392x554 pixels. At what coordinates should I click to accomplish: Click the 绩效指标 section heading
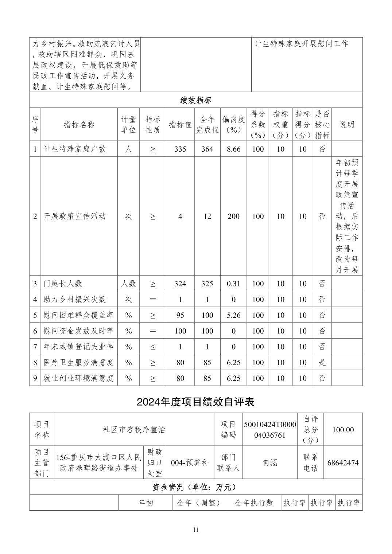196,100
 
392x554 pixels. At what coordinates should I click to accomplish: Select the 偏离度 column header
233,124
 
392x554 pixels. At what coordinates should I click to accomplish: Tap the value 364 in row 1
207,149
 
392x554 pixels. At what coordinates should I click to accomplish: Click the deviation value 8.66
233,149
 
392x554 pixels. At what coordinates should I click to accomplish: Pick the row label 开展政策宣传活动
75,216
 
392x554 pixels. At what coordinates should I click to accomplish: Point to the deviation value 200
233,216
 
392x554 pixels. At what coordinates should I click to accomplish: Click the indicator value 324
180,284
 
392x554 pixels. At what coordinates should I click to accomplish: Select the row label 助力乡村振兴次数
75,299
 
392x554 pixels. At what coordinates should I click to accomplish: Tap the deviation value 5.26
233,315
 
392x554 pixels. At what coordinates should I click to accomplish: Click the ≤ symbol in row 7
152,347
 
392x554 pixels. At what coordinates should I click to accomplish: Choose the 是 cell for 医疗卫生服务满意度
322,362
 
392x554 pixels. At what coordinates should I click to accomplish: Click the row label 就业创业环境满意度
78,378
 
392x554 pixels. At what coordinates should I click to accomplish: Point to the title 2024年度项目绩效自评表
196,402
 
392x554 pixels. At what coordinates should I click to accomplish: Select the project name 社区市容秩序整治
134,430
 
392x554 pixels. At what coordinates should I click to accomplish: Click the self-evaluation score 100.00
343,430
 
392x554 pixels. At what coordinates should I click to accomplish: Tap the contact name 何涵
270,463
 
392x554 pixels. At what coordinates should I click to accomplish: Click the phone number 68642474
343,463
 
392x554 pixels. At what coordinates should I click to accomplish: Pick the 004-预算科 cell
190,463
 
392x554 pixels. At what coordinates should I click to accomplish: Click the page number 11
196,530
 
